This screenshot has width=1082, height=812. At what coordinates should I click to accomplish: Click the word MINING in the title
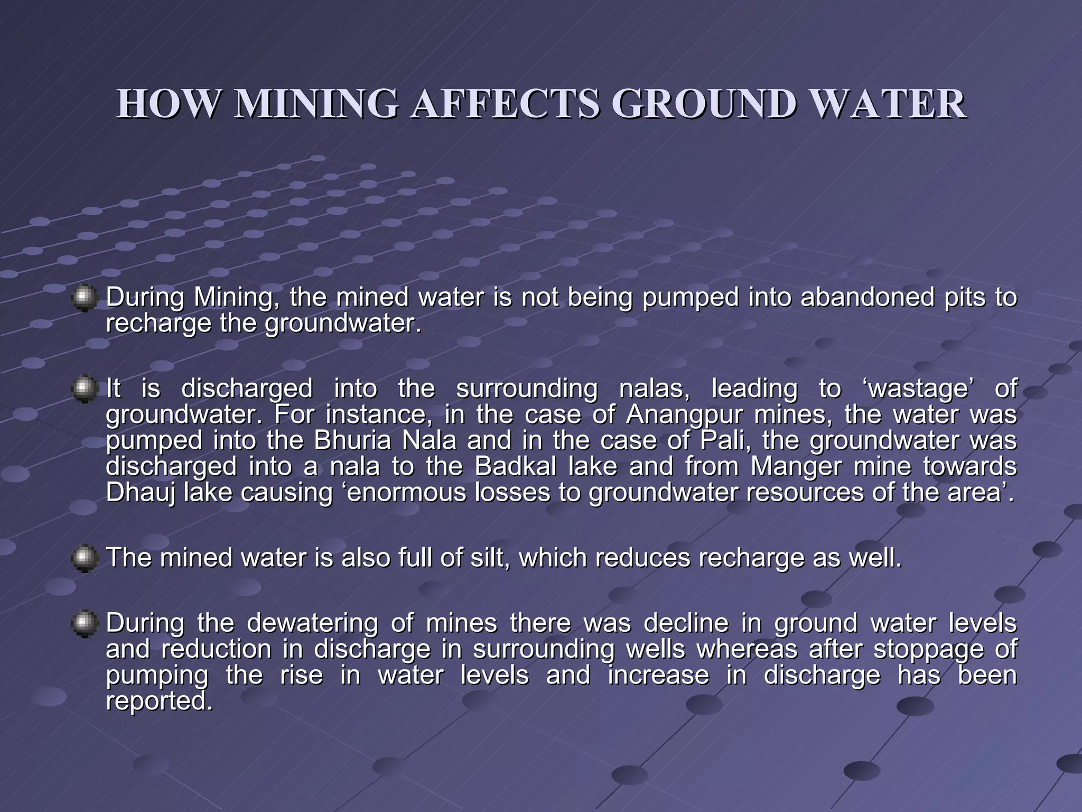316,104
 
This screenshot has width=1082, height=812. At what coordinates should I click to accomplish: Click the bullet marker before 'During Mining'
84,299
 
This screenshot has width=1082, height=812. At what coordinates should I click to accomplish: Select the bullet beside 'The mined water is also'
84,559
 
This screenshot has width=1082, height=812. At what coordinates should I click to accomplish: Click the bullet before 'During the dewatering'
84,624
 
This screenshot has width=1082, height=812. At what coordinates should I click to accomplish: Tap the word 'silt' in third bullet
487,558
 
